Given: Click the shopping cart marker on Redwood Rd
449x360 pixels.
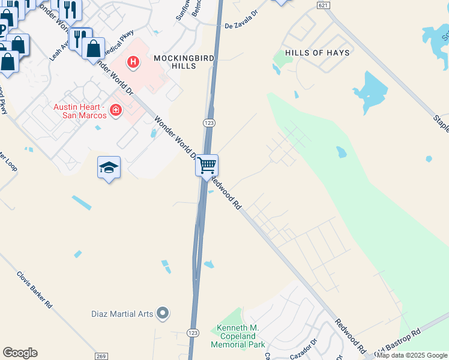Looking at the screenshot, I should coord(206,165).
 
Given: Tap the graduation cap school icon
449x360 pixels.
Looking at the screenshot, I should coord(109,168).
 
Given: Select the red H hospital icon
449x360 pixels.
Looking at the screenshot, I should coord(133,61).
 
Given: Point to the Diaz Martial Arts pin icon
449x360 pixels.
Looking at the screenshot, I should coord(162,313).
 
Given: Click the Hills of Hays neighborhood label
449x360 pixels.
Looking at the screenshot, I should coord(317,53).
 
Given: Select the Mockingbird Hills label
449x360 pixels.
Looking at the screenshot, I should coord(175,62).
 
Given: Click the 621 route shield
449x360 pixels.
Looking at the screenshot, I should coord(323,5).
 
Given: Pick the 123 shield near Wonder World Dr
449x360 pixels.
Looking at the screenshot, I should coord(209,122).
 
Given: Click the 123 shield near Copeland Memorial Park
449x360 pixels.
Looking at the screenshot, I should coord(193,332).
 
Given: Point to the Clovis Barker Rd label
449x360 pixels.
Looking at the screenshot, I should coord(35,287).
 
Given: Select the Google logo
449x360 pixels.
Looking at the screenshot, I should coord(20,353).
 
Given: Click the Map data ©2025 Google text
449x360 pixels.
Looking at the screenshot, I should coord(412,355).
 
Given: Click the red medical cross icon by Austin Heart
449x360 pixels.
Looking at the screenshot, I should coord(115,110).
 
